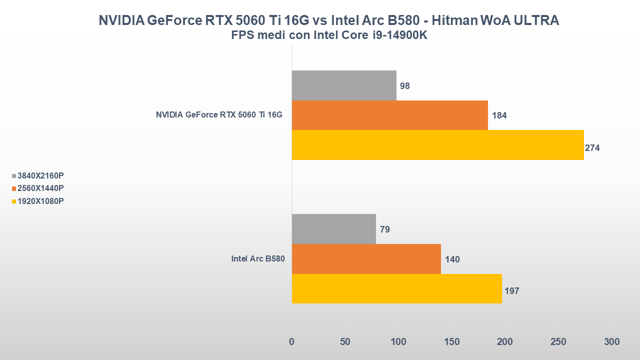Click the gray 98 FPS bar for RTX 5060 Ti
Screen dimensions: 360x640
tap(344, 85)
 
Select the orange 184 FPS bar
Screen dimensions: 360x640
tap(389, 115)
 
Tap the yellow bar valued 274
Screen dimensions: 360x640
tap(437, 145)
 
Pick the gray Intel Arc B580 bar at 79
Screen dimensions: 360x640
tap(333, 229)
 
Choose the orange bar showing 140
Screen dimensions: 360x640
tap(366, 259)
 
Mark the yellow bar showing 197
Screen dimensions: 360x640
tap(396, 288)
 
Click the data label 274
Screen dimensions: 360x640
tap(592, 148)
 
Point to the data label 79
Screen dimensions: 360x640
tap(384, 229)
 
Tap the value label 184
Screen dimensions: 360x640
tap(499, 115)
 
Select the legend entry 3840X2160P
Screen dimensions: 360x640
tap(40, 175)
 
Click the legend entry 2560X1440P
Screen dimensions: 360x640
tap(40, 188)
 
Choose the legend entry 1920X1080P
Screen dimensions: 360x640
tap(40, 201)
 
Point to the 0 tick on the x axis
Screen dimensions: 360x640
tap(292, 342)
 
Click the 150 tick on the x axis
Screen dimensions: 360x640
tap(451, 342)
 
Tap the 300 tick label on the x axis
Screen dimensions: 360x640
tap(611, 342)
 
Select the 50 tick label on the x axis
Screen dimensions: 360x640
tap(345, 342)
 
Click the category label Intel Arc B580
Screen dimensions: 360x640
tap(257, 259)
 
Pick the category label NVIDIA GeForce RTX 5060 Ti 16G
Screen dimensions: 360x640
tap(219, 115)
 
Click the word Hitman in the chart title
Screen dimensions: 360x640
tap(451, 20)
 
